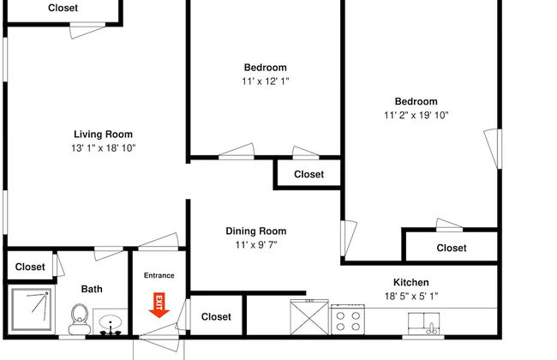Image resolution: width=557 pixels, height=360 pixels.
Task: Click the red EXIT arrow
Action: click(x=159, y=303)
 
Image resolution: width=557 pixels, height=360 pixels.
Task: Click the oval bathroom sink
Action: click(x=111, y=324)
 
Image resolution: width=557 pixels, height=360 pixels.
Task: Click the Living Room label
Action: click(x=103, y=134)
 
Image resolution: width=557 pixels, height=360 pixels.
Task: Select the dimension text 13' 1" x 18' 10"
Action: click(x=103, y=147)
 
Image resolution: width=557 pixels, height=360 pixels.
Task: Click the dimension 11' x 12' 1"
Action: click(x=266, y=81)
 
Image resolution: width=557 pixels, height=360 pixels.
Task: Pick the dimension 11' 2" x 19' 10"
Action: click(x=416, y=115)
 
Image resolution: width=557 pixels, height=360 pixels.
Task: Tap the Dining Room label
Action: click(x=255, y=231)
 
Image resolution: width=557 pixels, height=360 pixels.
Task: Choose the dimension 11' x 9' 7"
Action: click(x=255, y=244)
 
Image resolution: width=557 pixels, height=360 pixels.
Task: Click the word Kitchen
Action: click(x=411, y=282)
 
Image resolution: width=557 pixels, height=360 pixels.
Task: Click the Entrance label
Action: click(x=159, y=275)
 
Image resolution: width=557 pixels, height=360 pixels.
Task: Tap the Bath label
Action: click(x=92, y=289)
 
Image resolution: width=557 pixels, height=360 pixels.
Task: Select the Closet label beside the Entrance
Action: click(x=216, y=316)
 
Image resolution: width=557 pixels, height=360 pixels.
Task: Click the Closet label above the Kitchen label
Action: click(x=452, y=248)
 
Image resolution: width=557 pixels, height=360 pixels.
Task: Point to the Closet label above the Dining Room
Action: click(x=308, y=174)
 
